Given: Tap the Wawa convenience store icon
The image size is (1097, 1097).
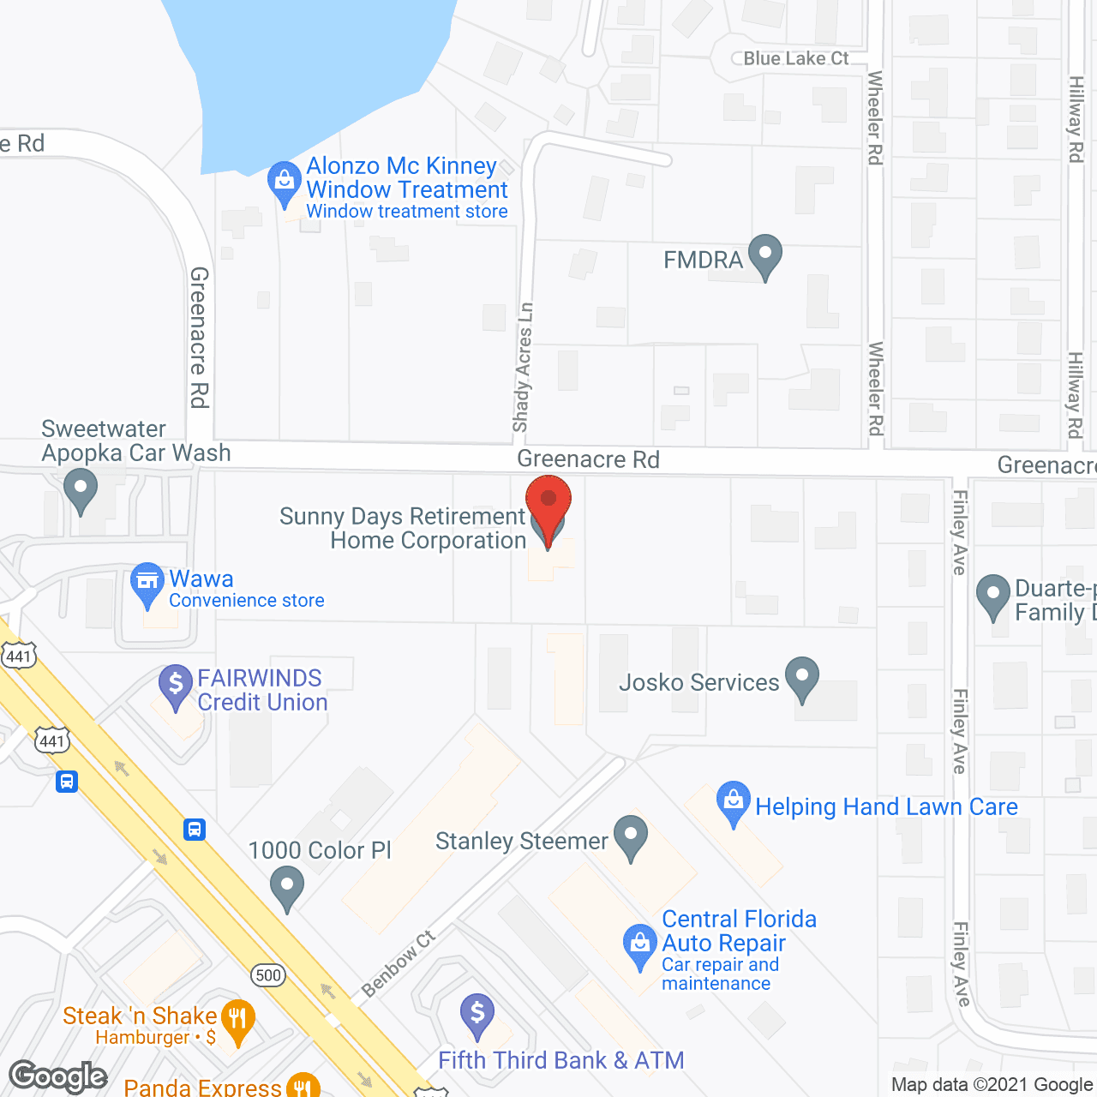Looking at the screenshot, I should [x=147, y=584].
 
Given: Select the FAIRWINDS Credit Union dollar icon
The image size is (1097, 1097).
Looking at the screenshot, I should [x=176, y=686].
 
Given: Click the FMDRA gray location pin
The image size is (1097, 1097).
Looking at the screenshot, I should [x=764, y=255].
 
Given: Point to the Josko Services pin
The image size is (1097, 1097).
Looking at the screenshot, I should [x=802, y=678].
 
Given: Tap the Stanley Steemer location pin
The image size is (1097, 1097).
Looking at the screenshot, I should [x=631, y=836].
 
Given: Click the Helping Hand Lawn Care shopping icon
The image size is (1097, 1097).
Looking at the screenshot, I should [x=733, y=802].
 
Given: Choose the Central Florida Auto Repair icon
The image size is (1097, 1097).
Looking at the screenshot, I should [x=639, y=944].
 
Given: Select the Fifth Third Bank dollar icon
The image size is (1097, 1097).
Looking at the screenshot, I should [x=477, y=1015].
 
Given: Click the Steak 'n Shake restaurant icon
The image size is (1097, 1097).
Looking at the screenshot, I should [x=237, y=1021].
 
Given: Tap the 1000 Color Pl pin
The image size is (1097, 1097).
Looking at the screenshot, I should [x=287, y=887].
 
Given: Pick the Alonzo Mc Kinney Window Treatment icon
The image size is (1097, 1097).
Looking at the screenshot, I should [x=284, y=183].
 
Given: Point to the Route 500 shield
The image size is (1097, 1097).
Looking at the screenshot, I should [x=268, y=975].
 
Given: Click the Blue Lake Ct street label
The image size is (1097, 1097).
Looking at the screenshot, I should [x=795, y=58].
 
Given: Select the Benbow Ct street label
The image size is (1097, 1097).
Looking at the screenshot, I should [x=399, y=964].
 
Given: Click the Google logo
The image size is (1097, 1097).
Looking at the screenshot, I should [x=57, y=1076].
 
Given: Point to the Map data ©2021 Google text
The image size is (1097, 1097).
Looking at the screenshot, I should [x=992, y=1085].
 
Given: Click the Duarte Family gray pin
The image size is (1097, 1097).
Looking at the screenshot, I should [x=993, y=595].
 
